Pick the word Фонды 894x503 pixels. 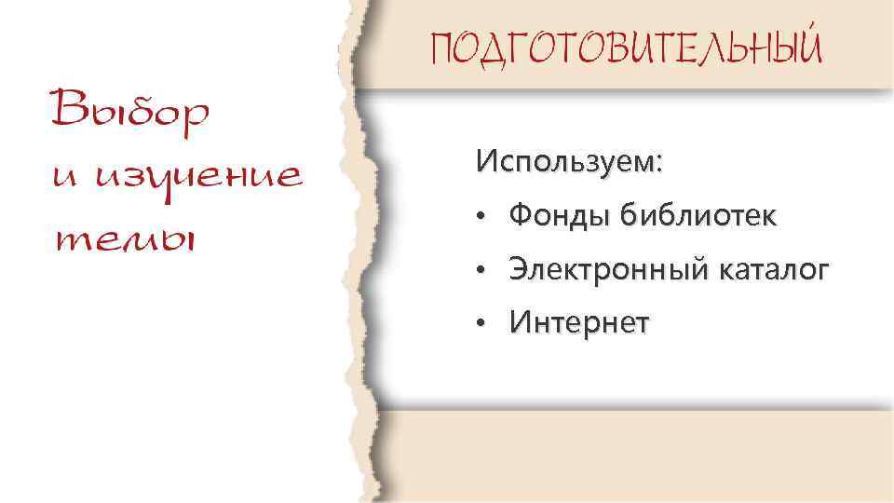[555, 216]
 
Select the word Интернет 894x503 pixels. [579, 324]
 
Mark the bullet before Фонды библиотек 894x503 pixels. [476, 219]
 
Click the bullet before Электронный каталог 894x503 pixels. [476, 273]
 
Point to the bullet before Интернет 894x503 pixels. [476, 327]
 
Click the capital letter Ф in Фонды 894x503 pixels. [519, 216]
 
